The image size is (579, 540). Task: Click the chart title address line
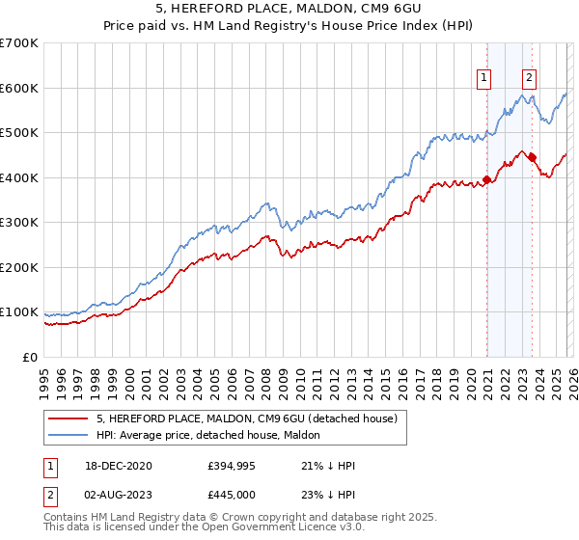(x=289, y=9)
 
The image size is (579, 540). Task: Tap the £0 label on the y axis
(x=30, y=357)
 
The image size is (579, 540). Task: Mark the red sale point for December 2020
(x=487, y=179)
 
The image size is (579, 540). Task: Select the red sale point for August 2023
(x=532, y=157)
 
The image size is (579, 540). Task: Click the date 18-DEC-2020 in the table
(x=119, y=466)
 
